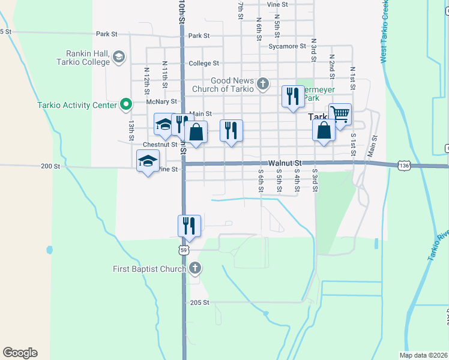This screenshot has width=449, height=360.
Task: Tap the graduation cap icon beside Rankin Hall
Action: click(119, 57)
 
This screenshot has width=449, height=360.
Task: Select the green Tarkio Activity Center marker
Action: click(125, 105)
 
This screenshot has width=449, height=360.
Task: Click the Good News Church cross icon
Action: click(263, 84)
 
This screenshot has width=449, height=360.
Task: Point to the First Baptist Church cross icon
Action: click(194, 268)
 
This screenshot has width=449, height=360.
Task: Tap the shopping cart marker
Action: click(340, 115)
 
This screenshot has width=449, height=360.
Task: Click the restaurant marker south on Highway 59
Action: click(189, 226)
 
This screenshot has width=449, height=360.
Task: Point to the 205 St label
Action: click(199, 303)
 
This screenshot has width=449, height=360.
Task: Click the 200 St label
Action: click(50, 166)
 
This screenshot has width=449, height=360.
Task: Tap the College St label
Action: click(203, 63)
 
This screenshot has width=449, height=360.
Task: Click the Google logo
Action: click(20, 353)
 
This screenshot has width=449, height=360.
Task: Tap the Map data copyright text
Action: click(423, 355)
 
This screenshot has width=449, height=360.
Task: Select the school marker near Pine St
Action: click(148, 161)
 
